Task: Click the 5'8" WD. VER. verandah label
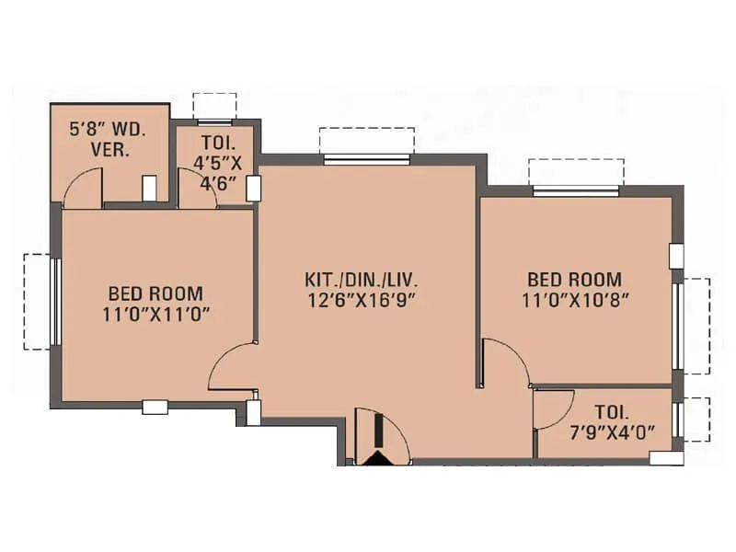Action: click(108, 140)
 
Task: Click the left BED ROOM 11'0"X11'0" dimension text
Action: click(156, 313)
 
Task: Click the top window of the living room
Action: click(366, 159)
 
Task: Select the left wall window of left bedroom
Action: click(55, 301)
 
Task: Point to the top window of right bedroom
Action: click(576, 190)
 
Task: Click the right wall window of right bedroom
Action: click(678, 325)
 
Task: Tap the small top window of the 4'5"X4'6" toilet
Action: click(214, 121)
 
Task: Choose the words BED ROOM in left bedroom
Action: click(156, 293)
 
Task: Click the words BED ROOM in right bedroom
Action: click(574, 279)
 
